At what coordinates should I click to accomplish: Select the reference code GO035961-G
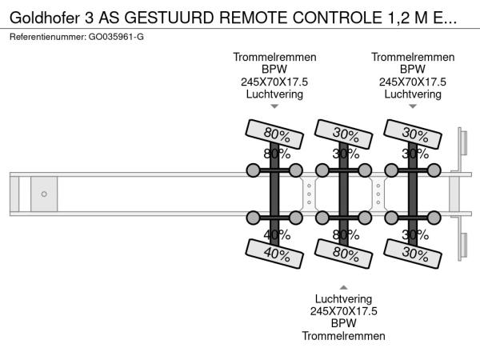point(118,37)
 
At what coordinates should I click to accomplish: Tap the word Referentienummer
point(48,37)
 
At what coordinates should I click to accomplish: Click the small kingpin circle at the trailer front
point(44,194)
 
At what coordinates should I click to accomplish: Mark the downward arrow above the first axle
point(274,106)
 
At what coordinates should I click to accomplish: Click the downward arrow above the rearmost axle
point(412,106)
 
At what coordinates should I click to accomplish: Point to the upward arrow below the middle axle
point(343,286)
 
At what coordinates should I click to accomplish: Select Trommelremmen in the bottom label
point(343,335)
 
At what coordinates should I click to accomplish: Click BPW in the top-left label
point(274,70)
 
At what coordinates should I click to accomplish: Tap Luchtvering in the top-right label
point(412,94)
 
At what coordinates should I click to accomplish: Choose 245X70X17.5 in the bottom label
point(343,311)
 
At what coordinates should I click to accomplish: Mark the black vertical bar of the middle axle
point(343,194)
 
